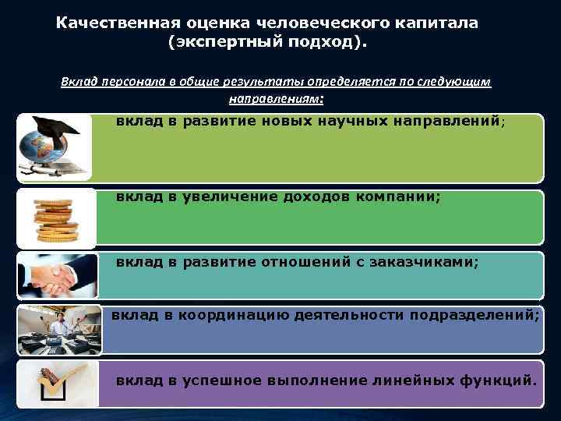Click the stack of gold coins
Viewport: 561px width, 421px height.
(x=54, y=218)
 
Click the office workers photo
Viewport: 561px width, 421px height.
(x=56, y=327)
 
